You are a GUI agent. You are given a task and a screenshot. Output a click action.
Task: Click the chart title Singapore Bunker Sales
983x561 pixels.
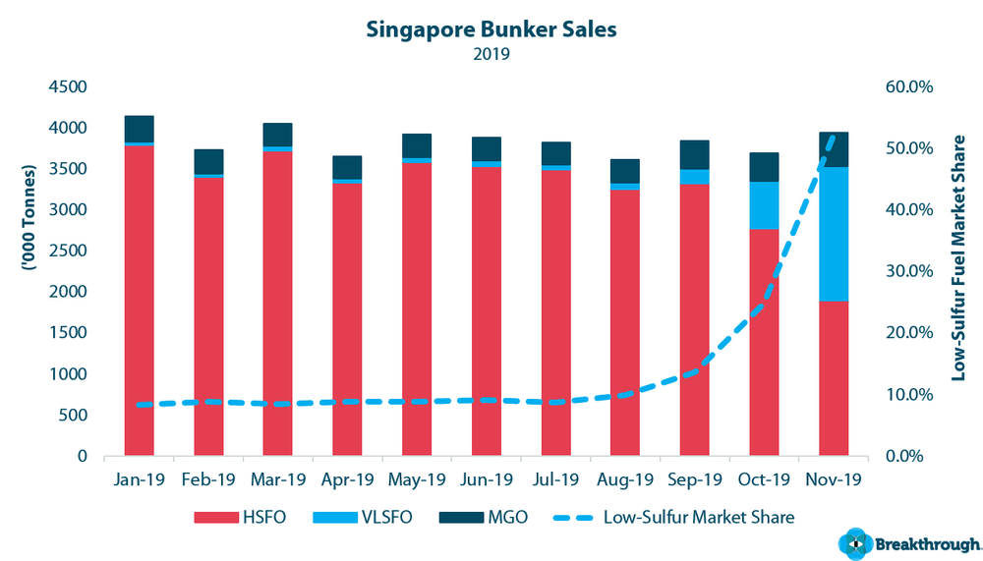[491, 29]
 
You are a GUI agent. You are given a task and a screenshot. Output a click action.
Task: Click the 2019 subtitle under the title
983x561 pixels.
[491, 54]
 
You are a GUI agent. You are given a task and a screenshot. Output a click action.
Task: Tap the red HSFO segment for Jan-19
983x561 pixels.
[140, 300]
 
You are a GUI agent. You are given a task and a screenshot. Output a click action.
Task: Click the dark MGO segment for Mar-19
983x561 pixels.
[277, 135]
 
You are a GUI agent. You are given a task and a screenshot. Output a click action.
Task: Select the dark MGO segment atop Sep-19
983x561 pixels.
[695, 154]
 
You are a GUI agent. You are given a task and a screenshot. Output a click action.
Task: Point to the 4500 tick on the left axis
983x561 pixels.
[67, 86]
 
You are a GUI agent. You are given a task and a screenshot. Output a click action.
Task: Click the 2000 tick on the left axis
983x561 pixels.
[67, 292]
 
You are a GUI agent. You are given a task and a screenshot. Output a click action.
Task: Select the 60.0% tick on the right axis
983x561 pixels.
[908, 86]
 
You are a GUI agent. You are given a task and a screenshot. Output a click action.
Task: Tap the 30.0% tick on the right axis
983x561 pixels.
[908, 271]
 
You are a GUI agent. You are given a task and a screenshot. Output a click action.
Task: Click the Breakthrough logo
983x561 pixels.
[908, 543]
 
